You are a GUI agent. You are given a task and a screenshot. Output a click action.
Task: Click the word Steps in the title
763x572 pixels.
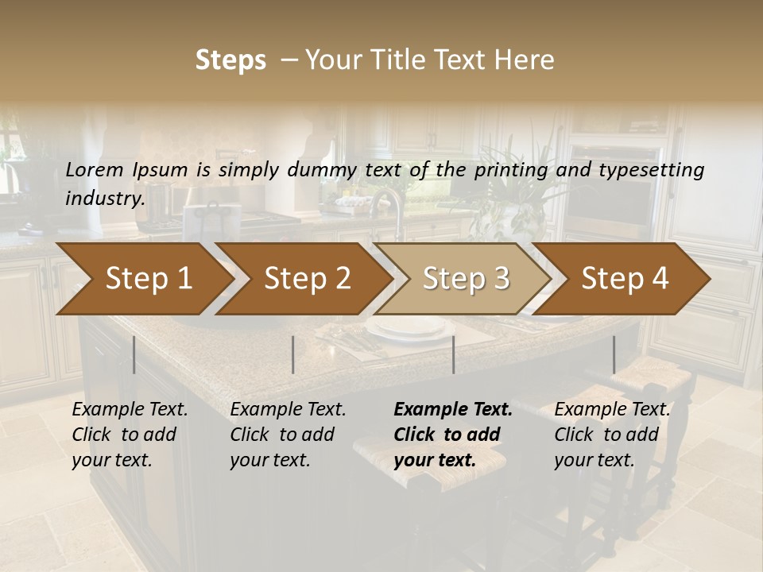[x=230, y=60]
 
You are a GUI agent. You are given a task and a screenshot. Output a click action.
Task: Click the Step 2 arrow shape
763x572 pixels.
[x=307, y=279]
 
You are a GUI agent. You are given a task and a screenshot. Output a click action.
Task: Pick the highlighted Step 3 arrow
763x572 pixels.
[x=466, y=279]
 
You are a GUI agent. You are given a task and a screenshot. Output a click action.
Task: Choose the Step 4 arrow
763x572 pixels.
[x=625, y=279]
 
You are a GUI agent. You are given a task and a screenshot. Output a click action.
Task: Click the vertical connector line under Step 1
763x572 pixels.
[x=134, y=354]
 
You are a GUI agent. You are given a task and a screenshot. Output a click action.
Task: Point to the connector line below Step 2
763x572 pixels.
[x=293, y=354]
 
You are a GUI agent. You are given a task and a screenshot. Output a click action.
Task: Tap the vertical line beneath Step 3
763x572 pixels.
[x=453, y=354]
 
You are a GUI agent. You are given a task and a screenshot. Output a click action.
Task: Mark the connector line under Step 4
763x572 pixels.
[x=614, y=354]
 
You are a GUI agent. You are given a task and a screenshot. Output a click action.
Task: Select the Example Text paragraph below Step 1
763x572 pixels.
[x=130, y=435]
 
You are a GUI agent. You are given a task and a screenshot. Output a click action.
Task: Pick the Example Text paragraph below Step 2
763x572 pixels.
[x=288, y=435]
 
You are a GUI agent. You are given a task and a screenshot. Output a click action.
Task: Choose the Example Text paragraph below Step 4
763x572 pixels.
[x=612, y=435]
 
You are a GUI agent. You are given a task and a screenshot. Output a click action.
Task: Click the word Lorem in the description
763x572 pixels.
[x=95, y=169]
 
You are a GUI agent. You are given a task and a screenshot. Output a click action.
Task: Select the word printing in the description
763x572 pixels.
[x=510, y=170]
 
